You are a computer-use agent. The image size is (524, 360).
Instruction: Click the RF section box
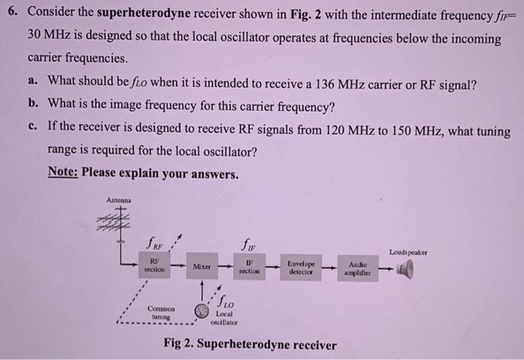tap(153, 265)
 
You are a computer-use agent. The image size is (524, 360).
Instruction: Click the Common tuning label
tap(160, 312)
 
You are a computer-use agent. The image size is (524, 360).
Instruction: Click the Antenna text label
tap(118, 200)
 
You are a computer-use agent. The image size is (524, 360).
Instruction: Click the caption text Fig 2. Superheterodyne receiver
tap(250, 345)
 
